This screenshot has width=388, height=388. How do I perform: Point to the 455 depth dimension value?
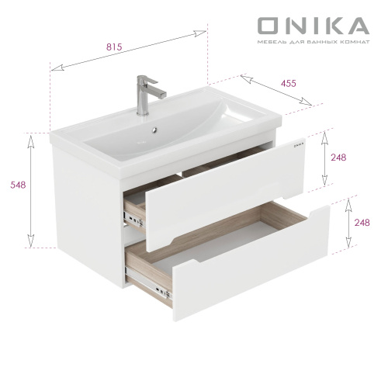(x=288, y=83)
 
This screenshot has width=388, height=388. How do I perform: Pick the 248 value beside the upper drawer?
(x=338, y=158)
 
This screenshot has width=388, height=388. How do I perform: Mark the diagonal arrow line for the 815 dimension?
(x=128, y=52)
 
